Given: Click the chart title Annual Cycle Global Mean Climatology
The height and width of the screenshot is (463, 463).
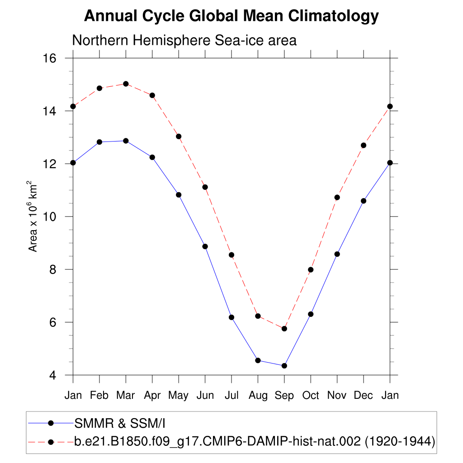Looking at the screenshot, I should pos(231,17).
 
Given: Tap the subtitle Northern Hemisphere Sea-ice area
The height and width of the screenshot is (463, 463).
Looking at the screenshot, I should pos(184,41).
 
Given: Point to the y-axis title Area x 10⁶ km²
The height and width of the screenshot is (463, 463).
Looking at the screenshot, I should pos(33,216).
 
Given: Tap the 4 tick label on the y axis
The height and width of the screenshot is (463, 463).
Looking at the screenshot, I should pos(53,375).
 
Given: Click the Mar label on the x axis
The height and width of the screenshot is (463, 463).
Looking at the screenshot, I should pos(126,396).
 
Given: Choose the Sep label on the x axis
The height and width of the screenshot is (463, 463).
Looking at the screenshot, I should pos(284,396).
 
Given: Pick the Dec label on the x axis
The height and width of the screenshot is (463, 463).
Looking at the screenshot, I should pos(364,396).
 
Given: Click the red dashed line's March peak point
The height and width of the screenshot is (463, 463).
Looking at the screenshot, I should pos(126,84).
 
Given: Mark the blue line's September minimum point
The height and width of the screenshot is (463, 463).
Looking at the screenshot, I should pos(284,366).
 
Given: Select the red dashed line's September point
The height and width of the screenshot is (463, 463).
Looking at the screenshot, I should pos(284,329).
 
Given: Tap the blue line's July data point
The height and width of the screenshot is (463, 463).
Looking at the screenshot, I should pos(231,317).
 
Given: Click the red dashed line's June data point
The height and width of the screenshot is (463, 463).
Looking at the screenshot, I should pos(205,187).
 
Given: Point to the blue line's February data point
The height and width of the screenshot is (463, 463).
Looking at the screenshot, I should pos(99,142).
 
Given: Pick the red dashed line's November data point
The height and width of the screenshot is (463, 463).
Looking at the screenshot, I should pos(337,198).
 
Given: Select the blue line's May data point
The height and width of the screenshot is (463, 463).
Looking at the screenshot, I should pos(179,195).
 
